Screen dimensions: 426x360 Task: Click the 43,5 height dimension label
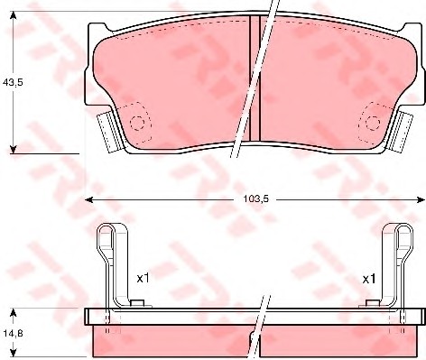click(x=13, y=82)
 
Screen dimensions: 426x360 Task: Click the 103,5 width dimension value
click(x=255, y=199)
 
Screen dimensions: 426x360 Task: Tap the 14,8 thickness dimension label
click(x=13, y=333)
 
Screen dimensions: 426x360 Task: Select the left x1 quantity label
click(x=143, y=279)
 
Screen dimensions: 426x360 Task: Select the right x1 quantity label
click(x=369, y=280)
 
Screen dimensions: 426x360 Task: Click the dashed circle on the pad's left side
click(x=137, y=123)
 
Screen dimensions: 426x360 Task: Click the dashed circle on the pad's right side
click(x=373, y=123)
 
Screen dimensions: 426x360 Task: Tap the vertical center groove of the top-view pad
click(x=255, y=78)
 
